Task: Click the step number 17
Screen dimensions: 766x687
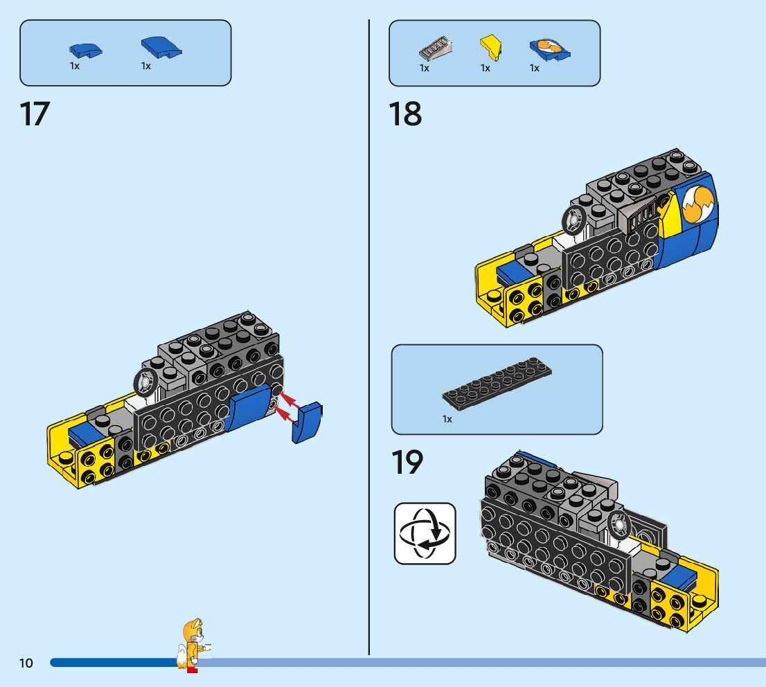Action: pos(35,114)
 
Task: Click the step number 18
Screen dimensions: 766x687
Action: pos(405,114)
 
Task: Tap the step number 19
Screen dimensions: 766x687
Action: pos(407,463)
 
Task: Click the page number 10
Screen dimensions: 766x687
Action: pos(26,663)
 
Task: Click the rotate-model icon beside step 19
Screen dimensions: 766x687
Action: pos(425,533)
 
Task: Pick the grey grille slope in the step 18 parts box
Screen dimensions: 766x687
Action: pos(434,51)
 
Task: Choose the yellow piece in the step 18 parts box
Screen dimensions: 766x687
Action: pos(490,47)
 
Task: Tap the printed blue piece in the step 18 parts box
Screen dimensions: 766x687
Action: pos(549,49)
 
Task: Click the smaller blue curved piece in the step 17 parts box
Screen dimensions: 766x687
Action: pos(84,50)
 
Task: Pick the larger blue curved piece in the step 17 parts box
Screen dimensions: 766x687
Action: pos(161,47)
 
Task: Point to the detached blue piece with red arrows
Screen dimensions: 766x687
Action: pos(308,421)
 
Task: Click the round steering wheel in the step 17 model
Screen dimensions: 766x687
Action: pos(145,382)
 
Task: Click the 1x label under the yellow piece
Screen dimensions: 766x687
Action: pos(486,69)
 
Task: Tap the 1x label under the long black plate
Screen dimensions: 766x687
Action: pos(447,419)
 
